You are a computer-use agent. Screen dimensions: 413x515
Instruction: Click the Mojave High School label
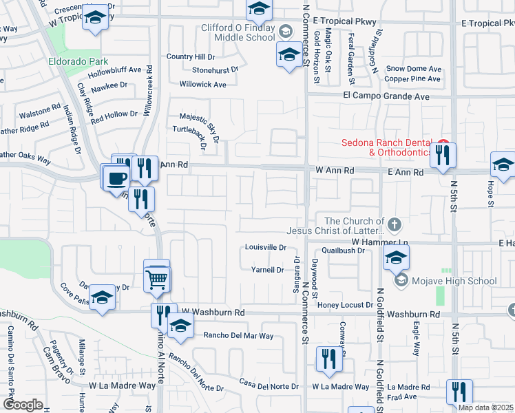tap(454, 281)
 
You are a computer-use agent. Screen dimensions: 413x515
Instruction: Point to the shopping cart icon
tap(158, 279)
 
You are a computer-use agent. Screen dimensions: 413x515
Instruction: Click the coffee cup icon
tap(116, 178)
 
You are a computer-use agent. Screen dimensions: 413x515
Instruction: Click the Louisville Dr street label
tap(265, 247)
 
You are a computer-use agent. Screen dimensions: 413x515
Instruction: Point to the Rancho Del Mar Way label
tap(238, 337)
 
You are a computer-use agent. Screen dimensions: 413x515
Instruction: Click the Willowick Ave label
tap(202, 85)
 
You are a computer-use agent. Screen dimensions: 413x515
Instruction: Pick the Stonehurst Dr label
tap(215, 70)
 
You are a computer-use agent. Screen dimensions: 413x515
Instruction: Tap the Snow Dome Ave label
tap(413, 69)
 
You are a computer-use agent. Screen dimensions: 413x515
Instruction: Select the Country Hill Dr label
tap(191, 56)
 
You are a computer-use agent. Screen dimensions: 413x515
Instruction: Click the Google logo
tap(23, 405)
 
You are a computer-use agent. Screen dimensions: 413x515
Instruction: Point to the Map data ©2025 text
tap(485, 407)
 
